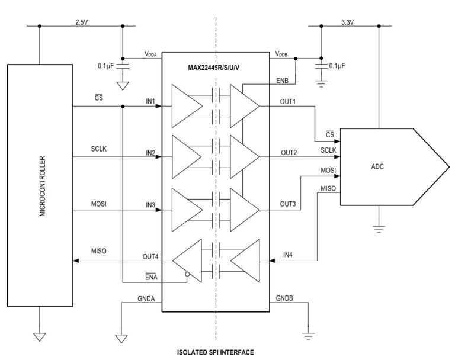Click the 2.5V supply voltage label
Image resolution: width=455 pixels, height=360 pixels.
tap(82, 22)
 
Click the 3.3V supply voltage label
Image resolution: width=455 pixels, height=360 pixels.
tap(348, 22)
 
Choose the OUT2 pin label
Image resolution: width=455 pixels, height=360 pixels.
tap(288, 152)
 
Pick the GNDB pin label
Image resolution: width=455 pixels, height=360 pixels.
tap(284, 299)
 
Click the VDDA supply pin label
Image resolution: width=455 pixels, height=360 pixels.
tap(151, 54)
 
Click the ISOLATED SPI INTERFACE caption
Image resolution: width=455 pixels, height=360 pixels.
tap(215, 352)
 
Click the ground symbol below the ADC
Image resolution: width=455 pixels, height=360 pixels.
tap(379, 227)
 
